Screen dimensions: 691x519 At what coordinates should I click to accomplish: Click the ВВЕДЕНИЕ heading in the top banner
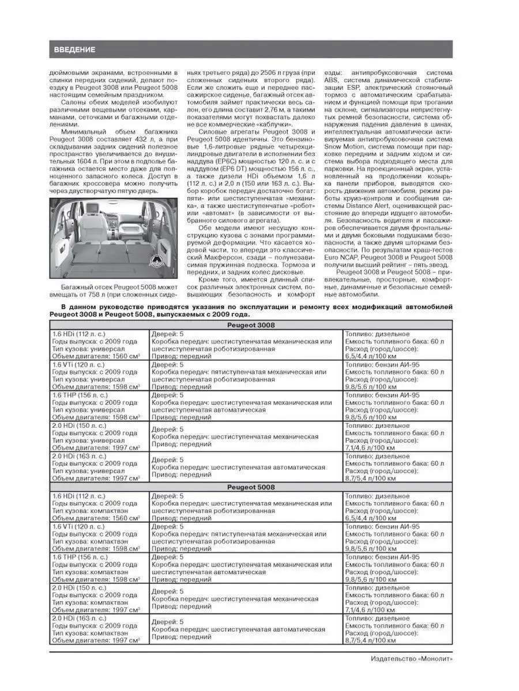(75, 50)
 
